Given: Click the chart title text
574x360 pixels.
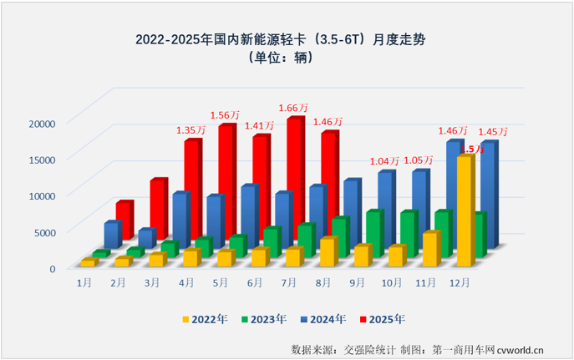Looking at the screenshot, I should click(287, 39).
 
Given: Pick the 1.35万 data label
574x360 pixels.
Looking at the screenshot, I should click(190, 130).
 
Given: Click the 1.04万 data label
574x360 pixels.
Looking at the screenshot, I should click(384, 161).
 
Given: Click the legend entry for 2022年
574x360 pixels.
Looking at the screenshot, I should click(205, 319).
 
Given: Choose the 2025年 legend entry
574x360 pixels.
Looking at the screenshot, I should click(385, 319).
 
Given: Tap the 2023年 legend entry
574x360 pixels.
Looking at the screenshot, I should click(265, 319).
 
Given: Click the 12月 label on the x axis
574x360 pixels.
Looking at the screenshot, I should click(460, 282).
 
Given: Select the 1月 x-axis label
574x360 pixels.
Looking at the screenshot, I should click(84, 282).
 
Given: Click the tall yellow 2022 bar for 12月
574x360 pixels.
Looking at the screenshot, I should click(464, 209).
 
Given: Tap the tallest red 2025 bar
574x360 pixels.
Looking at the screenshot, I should click(294, 180).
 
